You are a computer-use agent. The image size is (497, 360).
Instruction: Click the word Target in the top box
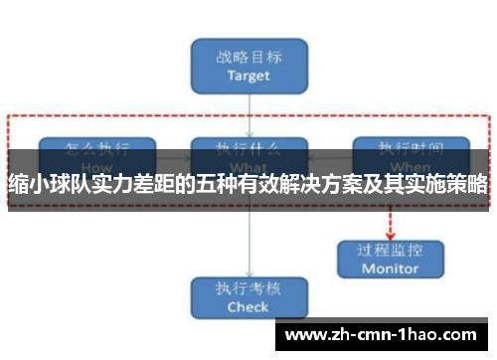[x=248, y=75]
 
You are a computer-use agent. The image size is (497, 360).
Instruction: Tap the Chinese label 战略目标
[x=248, y=58]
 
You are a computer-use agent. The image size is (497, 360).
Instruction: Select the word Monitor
[x=390, y=269]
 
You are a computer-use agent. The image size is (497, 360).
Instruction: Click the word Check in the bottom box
[x=248, y=307]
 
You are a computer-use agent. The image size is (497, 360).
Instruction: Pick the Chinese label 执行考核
[x=248, y=290]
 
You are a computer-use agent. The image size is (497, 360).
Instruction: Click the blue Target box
[x=248, y=66]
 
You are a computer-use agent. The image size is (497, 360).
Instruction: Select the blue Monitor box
[x=390, y=259]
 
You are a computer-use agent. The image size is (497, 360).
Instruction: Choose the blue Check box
[x=248, y=298]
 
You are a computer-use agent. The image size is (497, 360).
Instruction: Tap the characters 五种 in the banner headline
[x=242, y=184]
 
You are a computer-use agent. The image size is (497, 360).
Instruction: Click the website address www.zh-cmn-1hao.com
[x=386, y=334]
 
